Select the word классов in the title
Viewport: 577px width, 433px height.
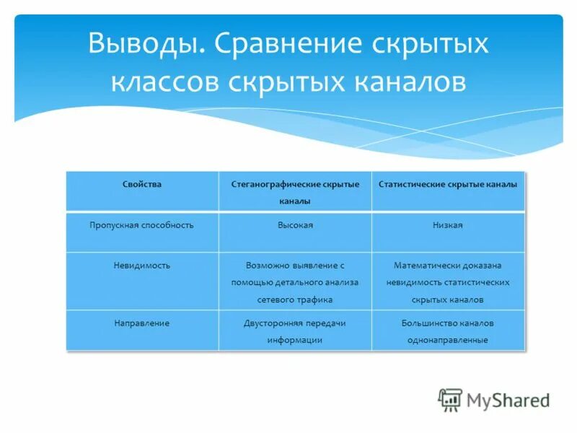(x=164, y=81)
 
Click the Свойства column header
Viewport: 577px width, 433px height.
(x=142, y=185)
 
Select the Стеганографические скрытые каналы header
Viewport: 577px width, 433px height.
(x=295, y=192)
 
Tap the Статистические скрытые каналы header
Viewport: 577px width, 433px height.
(x=448, y=185)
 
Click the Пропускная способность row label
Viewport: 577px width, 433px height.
(x=142, y=225)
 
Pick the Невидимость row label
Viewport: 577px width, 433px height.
(x=142, y=266)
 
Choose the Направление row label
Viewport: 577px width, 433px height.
(x=142, y=323)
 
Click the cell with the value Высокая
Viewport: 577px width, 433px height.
(x=295, y=225)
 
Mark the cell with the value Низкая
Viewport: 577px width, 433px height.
(x=448, y=225)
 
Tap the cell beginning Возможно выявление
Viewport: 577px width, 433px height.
(x=295, y=281)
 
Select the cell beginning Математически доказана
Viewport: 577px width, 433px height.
(x=448, y=281)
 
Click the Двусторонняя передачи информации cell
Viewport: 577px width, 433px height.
(x=295, y=331)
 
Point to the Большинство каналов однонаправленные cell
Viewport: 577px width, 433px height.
(x=448, y=331)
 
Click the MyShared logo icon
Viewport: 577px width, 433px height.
(x=450, y=399)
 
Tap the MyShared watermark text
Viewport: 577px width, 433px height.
(x=507, y=400)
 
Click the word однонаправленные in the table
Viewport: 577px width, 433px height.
(x=449, y=340)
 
